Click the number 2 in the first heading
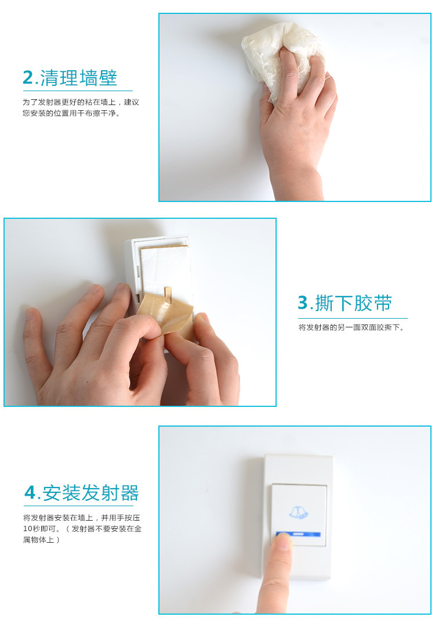coord(28,78)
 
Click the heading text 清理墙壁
coord(79,78)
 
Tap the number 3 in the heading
coord(303,303)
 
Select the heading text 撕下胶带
coord(354,303)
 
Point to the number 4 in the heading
coord(30,493)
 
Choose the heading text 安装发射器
coord(91,493)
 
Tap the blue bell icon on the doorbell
coord(298,512)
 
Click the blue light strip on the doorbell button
coord(299,534)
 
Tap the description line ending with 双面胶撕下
coord(351,327)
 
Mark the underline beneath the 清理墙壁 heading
coord(78,91)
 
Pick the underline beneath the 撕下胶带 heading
coord(353,318)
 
